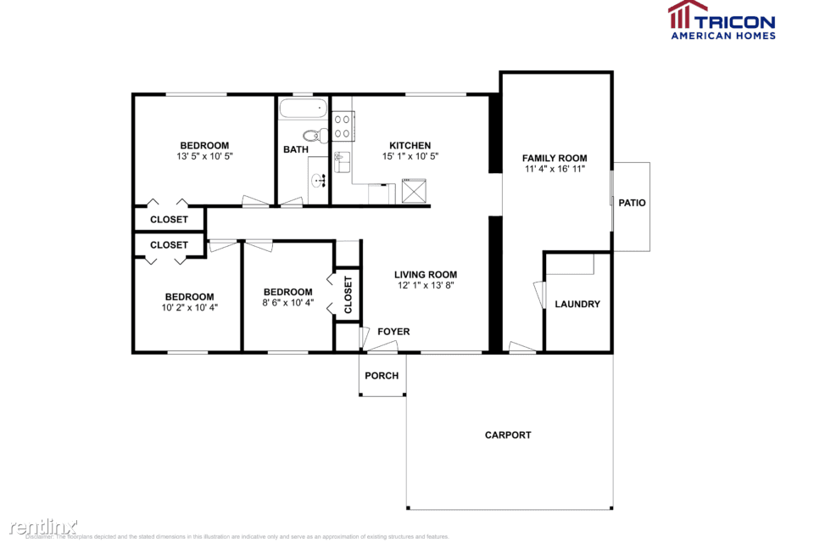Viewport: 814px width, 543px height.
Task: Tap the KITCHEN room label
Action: pyautogui.click(x=410, y=146)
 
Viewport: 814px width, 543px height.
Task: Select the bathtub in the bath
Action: pyautogui.click(x=303, y=109)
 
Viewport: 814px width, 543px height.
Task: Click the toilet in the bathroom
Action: pyautogui.click(x=315, y=135)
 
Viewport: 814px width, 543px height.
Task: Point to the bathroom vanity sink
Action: pyautogui.click(x=319, y=180)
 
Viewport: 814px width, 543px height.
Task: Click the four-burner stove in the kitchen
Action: pyautogui.click(x=343, y=127)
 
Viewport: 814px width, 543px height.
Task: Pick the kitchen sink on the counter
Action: pyautogui.click(x=341, y=161)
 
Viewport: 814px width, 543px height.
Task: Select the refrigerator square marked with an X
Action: pyautogui.click(x=415, y=191)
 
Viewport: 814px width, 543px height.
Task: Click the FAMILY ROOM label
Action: pyautogui.click(x=555, y=159)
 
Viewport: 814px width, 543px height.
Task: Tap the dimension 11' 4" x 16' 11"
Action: pyautogui.click(x=555, y=170)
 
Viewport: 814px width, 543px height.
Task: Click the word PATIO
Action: pyautogui.click(x=632, y=203)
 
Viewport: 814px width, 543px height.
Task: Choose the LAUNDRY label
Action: pyautogui.click(x=577, y=305)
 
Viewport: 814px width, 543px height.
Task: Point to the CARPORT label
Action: pyautogui.click(x=508, y=435)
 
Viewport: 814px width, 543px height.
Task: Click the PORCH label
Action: pyautogui.click(x=382, y=376)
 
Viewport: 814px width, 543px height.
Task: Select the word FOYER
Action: pyautogui.click(x=393, y=332)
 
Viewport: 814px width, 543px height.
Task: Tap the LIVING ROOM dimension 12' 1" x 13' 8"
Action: pyautogui.click(x=426, y=286)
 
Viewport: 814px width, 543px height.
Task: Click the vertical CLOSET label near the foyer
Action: pyautogui.click(x=348, y=294)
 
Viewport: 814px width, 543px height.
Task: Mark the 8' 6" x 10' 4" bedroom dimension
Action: pyautogui.click(x=288, y=303)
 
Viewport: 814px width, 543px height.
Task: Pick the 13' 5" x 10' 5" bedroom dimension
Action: pyautogui.click(x=204, y=157)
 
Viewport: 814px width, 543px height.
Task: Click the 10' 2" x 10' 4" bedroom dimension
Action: pyautogui.click(x=189, y=308)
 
